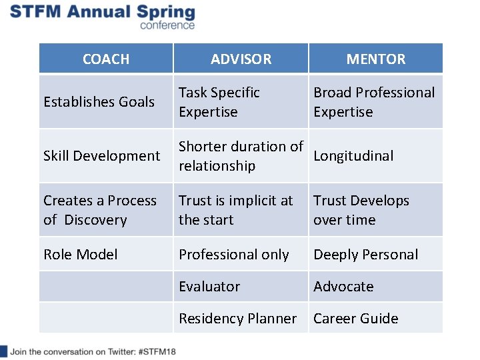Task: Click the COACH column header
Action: tap(106, 59)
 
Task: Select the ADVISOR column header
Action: tap(241, 59)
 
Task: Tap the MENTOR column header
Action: tap(375, 59)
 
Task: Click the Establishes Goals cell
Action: tap(99, 102)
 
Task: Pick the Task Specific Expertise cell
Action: tap(219, 102)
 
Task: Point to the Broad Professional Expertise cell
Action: tap(374, 102)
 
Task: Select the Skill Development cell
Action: tap(101, 156)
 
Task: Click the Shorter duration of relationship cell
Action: tap(241, 156)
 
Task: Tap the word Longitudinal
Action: tap(353, 156)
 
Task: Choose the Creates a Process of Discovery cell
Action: tap(100, 210)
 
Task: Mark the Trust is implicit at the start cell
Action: tap(235, 210)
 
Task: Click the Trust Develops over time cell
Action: tap(361, 210)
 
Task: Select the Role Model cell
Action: tap(80, 255)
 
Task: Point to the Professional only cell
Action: tap(233, 255)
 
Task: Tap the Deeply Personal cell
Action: tap(366, 255)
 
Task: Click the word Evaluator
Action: tap(209, 287)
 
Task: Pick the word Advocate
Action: tap(343, 287)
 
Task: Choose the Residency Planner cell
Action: tap(237, 319)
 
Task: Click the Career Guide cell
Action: tap(355, 319)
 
